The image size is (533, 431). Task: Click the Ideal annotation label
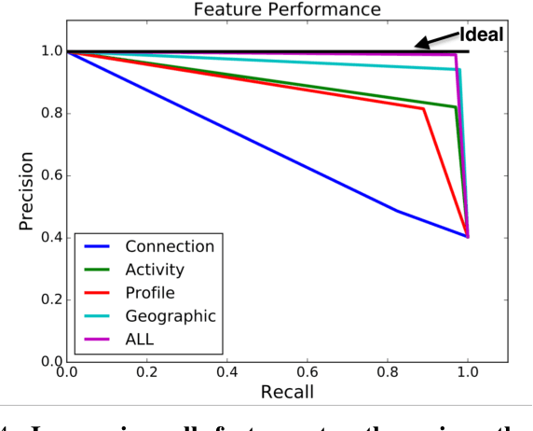tap(480, 35)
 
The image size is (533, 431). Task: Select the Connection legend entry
tap(169, 246)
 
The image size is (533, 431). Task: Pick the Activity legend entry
tap(154, 270)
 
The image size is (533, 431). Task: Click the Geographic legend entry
tap(170, 316)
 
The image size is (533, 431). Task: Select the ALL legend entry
tap(140, 340)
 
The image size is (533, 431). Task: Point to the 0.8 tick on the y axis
tap(45, 114)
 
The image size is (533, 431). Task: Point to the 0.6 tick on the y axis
tap(45, 175)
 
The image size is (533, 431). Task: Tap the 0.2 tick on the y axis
tap(45, 299)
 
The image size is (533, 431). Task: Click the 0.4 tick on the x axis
tap(226, 371)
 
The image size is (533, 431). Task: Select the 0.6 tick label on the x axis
tap(307, 371)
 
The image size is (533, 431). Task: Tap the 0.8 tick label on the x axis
tap(387, 371)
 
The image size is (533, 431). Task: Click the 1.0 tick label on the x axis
tap(467, 371)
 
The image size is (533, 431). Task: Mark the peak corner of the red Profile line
tap(424, 109)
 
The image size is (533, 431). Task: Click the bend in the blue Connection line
tap(398, 211)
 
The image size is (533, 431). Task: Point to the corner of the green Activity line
tap(455, 107)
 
